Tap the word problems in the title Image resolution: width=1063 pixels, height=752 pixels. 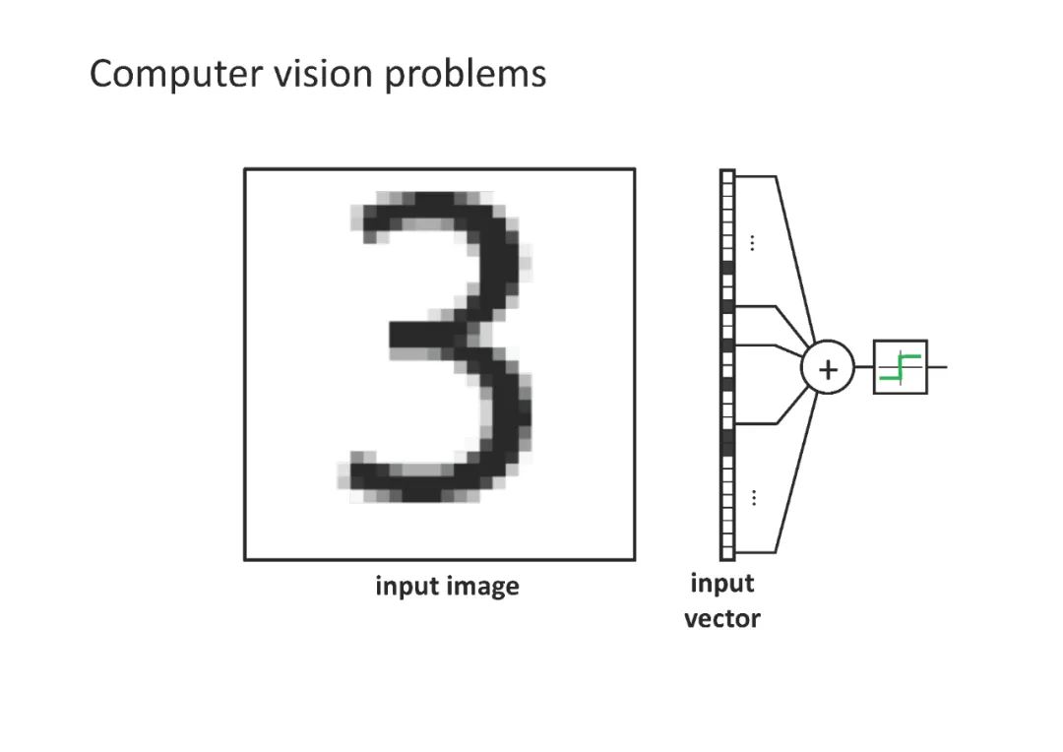click(466, 75)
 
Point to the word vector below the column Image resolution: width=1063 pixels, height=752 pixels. click(722, 619)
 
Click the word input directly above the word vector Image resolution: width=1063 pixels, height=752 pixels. click(722, 584)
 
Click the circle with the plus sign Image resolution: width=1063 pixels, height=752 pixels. click(828, 369)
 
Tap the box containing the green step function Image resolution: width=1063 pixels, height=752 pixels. click(900, 367)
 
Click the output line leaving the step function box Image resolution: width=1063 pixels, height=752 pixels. click(937, 367)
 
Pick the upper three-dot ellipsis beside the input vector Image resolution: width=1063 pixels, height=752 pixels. click(753, 242)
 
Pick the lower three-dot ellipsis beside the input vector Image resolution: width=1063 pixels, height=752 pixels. click(753, 497)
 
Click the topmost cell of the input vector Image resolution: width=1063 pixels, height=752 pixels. click(727, 176)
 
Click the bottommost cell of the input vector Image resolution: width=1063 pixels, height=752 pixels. click(727, 552)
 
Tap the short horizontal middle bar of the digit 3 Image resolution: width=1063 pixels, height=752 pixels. click(423, 335)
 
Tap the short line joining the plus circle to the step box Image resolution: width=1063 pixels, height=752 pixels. click(863, 367)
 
